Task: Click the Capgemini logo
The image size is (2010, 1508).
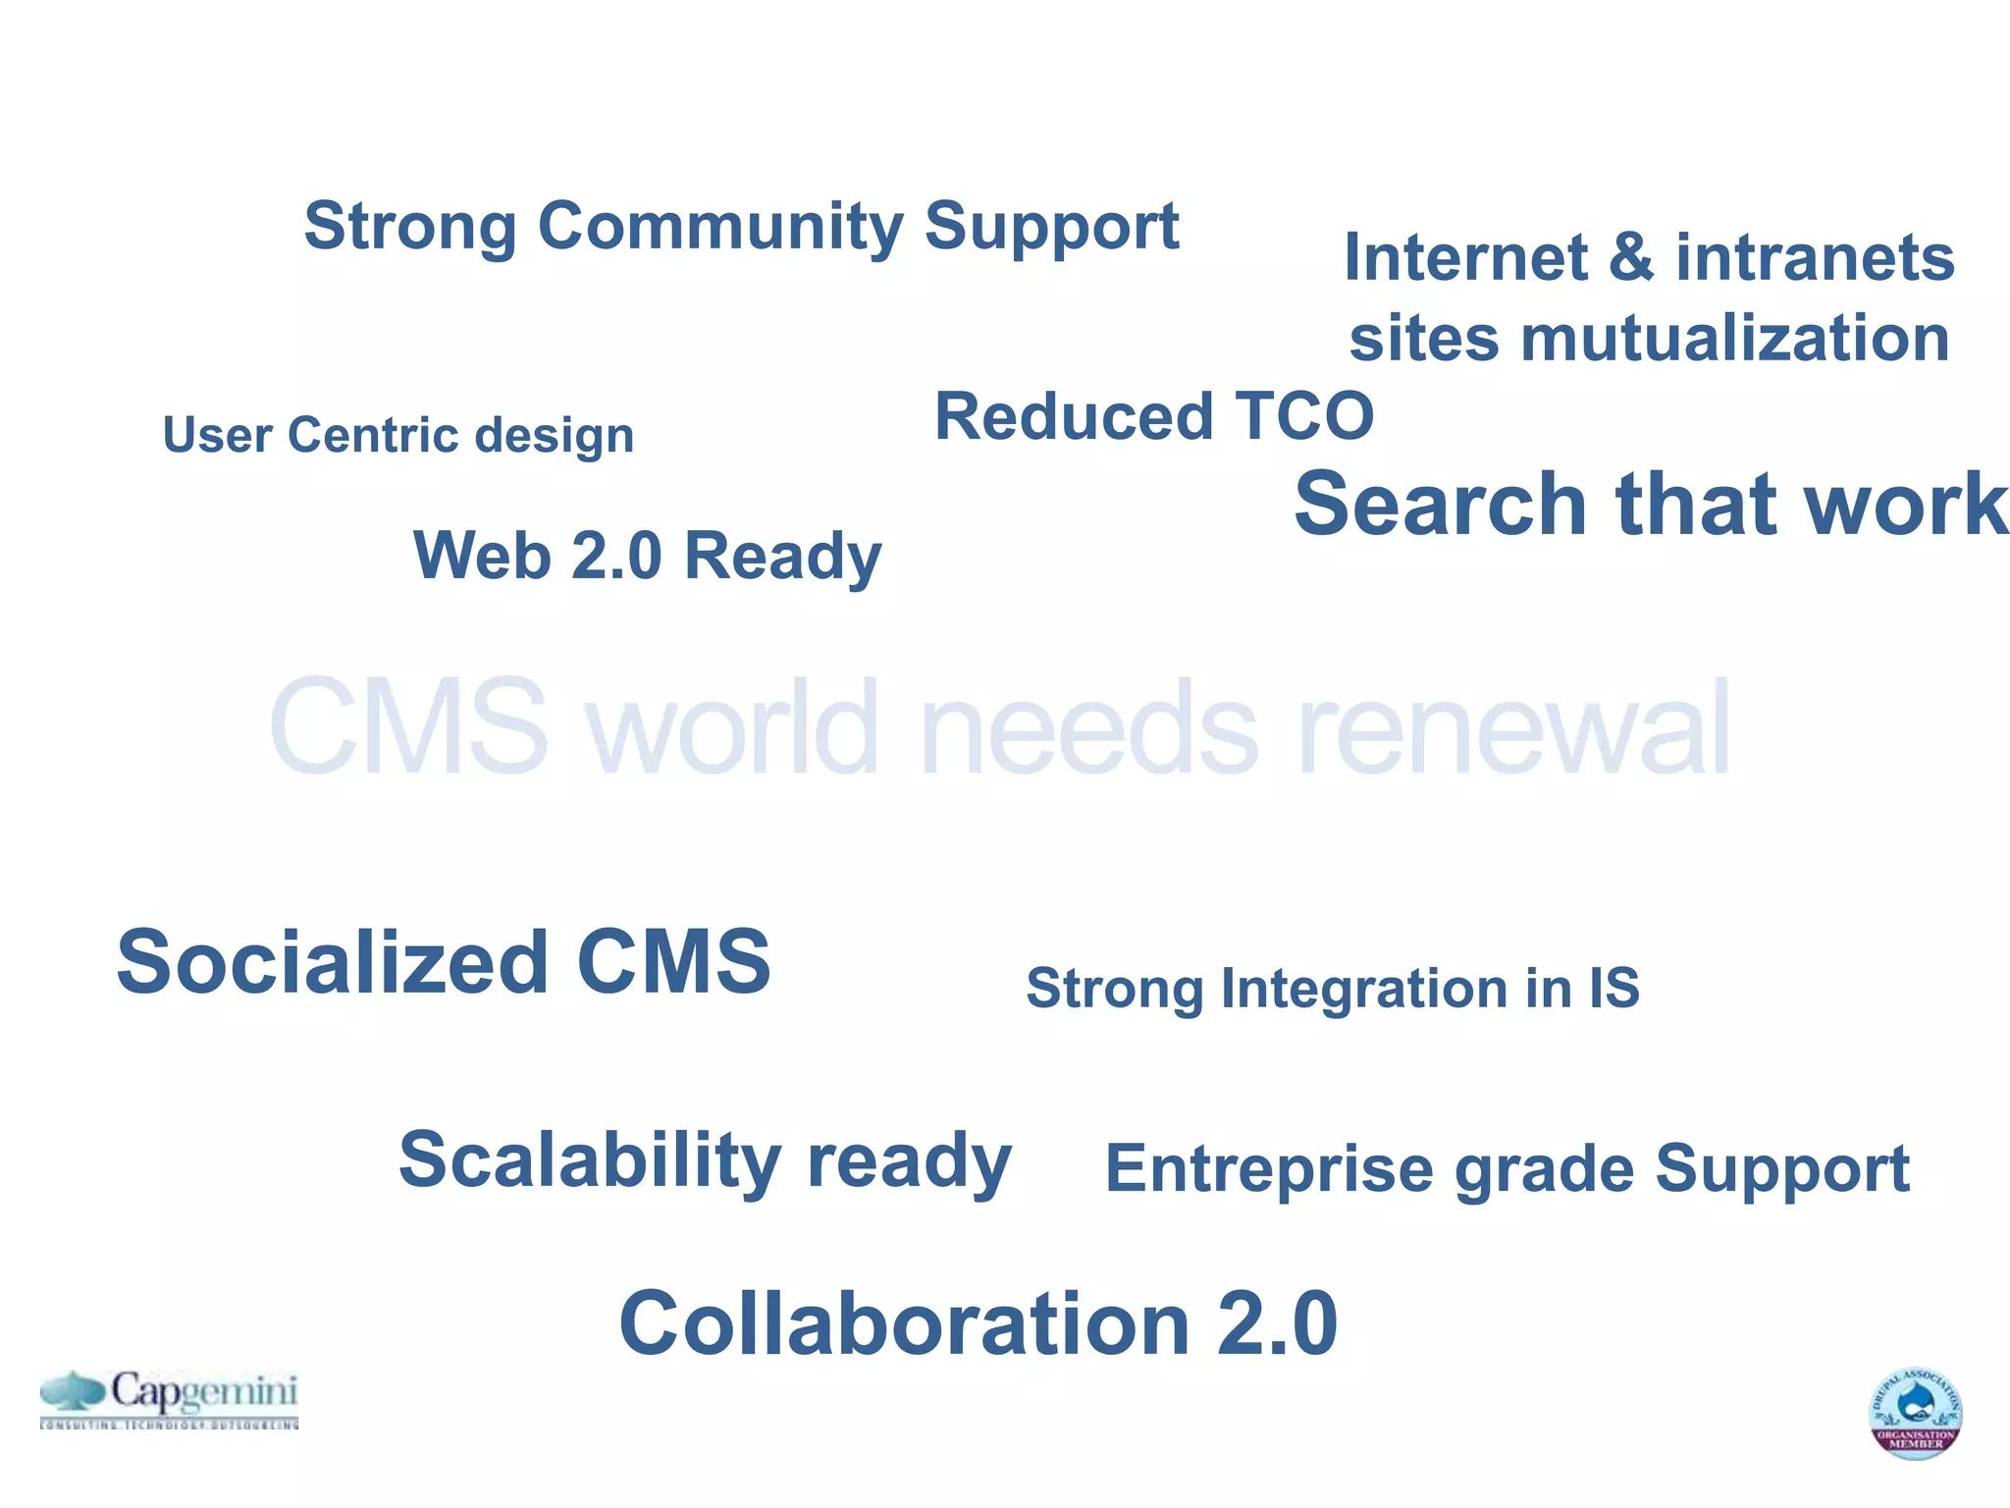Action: click(169, 1398)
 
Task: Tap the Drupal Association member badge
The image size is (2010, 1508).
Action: click(1914, 1413)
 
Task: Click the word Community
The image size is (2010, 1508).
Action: click(715, 227)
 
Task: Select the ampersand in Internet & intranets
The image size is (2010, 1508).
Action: click(1630, 257)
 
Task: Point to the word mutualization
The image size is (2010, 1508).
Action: click(1734, 339)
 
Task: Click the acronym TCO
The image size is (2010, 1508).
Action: click(1303, 416)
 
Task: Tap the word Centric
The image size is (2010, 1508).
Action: click(372, 435)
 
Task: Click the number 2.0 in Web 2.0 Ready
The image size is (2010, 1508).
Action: click(616, 556)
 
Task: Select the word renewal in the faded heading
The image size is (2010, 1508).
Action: click(1512, 728)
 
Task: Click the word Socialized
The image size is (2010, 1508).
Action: click(332, 962)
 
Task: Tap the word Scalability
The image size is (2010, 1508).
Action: click(589, 1160)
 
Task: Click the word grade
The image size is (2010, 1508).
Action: click(1543, 1170)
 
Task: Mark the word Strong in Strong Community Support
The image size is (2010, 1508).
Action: click(409, 227)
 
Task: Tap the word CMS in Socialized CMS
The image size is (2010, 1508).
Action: click(673, 962)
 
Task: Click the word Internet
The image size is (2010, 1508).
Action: click(1464, 257)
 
